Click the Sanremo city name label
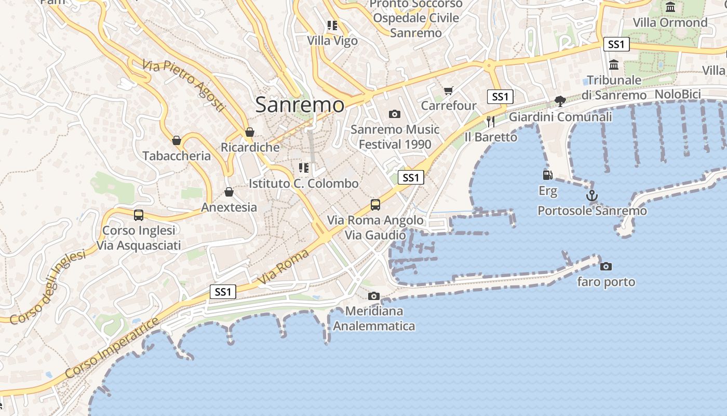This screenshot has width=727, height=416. point(300,105)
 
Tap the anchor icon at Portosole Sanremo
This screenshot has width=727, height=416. point(591,196)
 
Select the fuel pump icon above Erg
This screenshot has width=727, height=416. point(547,175)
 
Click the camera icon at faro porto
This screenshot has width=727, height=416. point(605,266)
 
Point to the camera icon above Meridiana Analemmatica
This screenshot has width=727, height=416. point(373,296)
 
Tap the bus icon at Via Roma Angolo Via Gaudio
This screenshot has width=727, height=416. point(375,204)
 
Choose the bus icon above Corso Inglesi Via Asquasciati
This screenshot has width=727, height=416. point(138,215)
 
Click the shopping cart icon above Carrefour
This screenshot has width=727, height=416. point(449,90)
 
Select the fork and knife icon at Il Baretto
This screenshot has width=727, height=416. point(490,121)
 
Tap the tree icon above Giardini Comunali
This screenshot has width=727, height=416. point(560,101)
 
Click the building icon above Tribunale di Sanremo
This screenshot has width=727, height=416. point(614,65)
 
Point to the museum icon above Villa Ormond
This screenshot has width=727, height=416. point(670,7)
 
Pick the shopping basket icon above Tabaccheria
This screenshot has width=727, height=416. point(176,140)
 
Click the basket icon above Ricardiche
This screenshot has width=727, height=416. point(250,132)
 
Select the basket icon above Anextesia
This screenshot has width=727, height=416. point(228,192)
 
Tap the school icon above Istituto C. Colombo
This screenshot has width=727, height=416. point(303,168)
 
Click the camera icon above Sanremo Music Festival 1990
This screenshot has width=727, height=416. point(395,114)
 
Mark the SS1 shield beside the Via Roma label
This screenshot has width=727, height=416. point(223,292)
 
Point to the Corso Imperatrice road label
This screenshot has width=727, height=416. point(112,348)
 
